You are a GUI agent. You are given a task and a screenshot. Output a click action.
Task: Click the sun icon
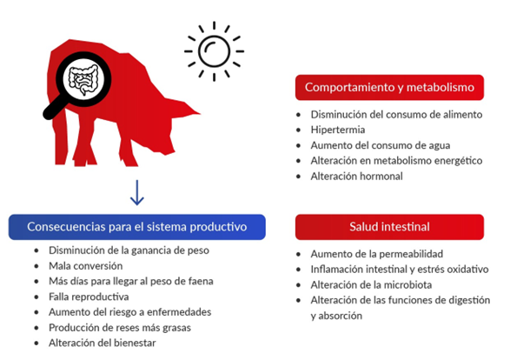tap(214, 51)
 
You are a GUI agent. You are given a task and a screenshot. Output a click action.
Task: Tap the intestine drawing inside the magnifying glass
tap(83, 79)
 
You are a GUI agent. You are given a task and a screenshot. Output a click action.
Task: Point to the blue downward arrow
tap(137, 192)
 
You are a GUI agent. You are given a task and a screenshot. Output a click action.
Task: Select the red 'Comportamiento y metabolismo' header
tap(389, 88)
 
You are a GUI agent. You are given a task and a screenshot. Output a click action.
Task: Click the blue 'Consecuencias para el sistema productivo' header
tap(137, 227)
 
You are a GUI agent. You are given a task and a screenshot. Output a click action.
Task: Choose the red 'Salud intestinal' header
tap(389, 227)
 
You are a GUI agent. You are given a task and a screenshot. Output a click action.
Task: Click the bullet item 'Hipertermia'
tap(338, 130)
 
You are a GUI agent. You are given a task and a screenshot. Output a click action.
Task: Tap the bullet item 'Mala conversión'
tap(85, 266)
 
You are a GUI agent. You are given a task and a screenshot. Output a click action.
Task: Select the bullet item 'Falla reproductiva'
tap(89, 297)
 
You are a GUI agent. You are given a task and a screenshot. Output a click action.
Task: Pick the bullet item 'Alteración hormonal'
tap(356, 177)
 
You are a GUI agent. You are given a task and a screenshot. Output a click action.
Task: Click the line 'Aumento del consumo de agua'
tap(381, 145)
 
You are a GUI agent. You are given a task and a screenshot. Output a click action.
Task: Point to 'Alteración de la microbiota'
tap(371, 285)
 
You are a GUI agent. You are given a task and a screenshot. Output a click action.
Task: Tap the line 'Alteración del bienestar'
tap(103, 343)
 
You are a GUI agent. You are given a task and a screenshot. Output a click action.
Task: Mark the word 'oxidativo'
tap(468, 270)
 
